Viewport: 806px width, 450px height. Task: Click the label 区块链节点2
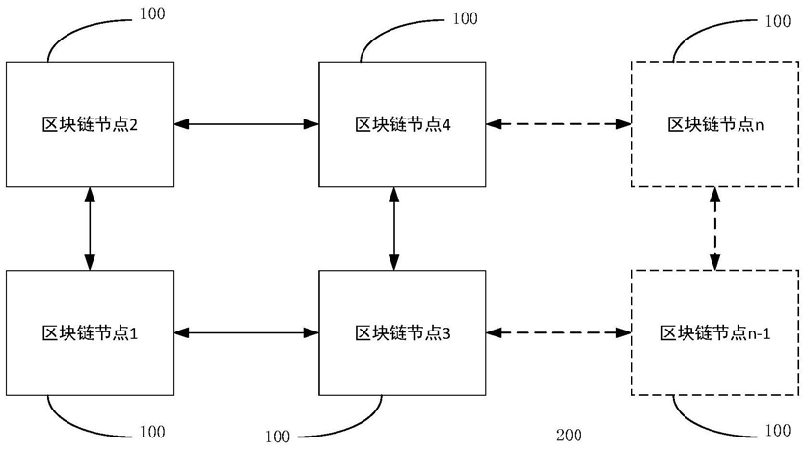[x=90, y=125]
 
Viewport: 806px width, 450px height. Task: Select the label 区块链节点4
[x=402, y=125]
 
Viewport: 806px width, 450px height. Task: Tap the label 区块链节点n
[x=715, y=125]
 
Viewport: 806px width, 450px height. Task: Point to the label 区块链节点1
[x=90, y=333]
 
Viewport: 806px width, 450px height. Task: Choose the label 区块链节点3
[x=402, y=333]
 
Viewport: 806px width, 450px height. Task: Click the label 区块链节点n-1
[x=715, y=333]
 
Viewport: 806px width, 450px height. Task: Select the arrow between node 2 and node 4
[x=246, y=123]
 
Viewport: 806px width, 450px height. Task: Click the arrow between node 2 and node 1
[x=90, y=228]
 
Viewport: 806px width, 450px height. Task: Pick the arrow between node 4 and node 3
[x=393, y=228]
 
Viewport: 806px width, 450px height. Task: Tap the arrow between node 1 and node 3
[x=246, y=332]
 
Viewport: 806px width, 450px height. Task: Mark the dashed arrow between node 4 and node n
[x=558, y=123]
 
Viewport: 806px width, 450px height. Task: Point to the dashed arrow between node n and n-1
[x=714, y=228]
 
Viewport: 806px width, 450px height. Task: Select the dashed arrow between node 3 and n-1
[x=558, y=332]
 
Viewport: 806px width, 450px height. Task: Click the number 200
[x=569, y=436]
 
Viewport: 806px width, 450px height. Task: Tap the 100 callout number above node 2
[x=152, y=13]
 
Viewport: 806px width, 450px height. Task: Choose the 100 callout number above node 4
[x=466, y=18]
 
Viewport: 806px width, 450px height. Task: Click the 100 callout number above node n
[x=778, y=21]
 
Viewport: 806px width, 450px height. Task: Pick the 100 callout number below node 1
[x=152, y=432]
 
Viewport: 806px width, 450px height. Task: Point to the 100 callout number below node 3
[x=278, y=437]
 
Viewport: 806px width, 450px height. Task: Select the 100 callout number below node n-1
[x=778, y=430]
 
